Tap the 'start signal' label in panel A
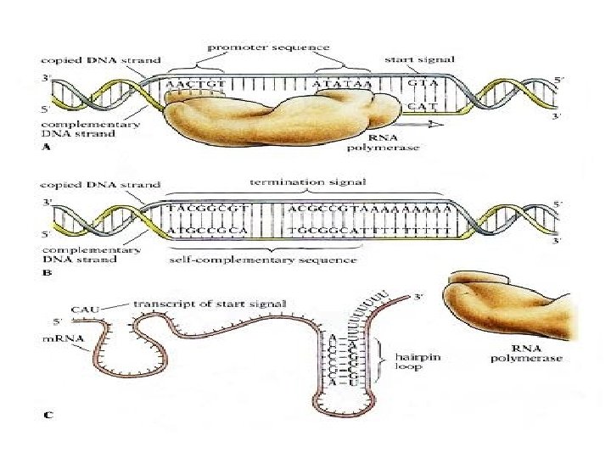click(420, 59)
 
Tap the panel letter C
click(48, 414)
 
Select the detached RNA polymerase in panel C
click(509, 305)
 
